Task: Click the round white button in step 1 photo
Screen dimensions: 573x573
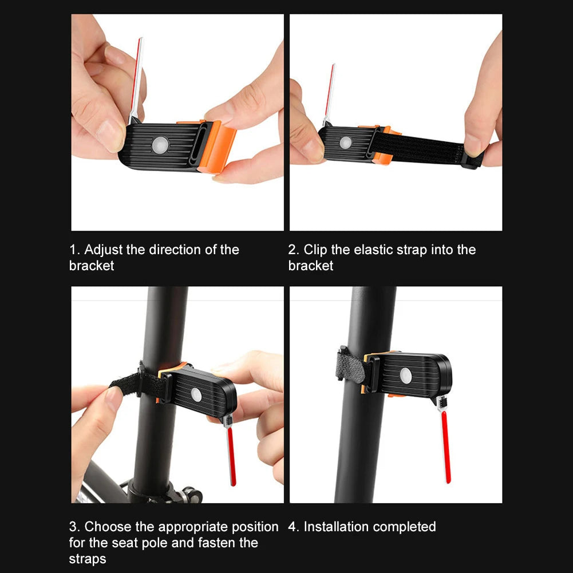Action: pyautogui.click(x=160, y=145)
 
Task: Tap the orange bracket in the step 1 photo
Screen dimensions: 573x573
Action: pyautogui.click(x=216, y=145)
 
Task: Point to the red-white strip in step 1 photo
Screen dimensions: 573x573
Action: pyautogui.click(x=136, y=80)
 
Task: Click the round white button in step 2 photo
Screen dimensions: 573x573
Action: pyautogui.click(x=345, y=143)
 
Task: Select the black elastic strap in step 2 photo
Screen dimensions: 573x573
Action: pyautogui.click(x=424, y=149)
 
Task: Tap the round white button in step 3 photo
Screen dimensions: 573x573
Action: pyautogui.click(x=196, y=395)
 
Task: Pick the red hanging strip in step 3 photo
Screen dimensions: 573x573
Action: pyautogui.click(x=231, y=456)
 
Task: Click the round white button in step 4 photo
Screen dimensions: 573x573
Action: pyautogui.click(x=406, y=376)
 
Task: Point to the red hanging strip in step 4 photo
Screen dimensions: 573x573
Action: pyautogui.click(x=445, y=446)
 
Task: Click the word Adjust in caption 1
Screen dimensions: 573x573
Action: pyautogui.click(x=104, y=250)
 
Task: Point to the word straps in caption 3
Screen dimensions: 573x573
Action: pyautogui.click(x=88, y=559)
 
